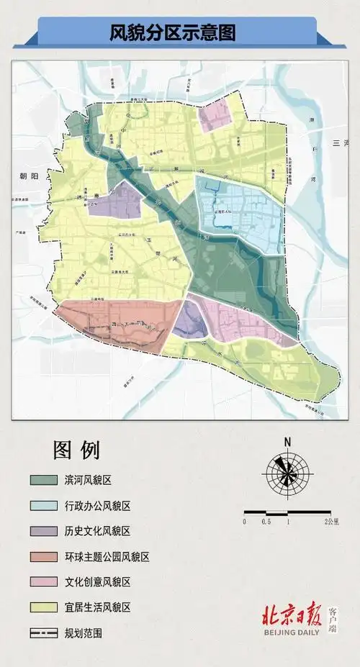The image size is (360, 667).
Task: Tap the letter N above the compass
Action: pos(287,442)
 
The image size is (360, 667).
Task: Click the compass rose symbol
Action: pos(287,472)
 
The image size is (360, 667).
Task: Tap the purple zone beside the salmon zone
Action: pos(189,320)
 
